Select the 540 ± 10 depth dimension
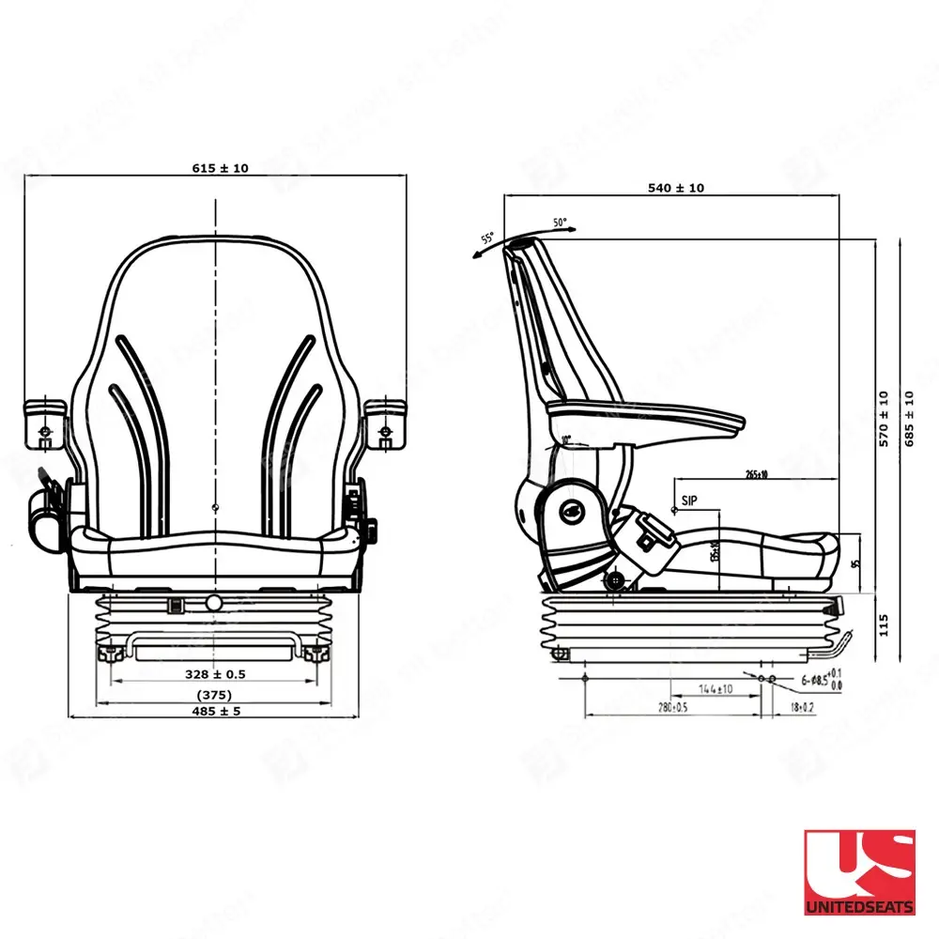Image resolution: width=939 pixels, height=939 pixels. click(x=675, y=188)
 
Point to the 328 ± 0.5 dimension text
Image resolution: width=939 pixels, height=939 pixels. click(x=215, y=674)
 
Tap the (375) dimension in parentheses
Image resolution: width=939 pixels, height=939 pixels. click(x=215, y=695)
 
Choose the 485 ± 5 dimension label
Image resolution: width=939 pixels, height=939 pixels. click(x=215, y=712)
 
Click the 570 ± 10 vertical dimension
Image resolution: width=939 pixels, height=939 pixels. click(x=882, y=419)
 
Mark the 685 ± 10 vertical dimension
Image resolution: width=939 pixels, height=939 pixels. click(x=908, y=419)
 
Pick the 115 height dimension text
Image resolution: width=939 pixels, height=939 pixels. click(x=882, y=624)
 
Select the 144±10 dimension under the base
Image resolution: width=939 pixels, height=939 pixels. click(x=716, y=689)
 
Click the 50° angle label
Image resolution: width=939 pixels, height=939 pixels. click(x=561, y=223)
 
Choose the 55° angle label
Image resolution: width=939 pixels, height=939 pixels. click(x=487, y=239)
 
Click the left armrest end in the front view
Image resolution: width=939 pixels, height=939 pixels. click(x=44, y=420)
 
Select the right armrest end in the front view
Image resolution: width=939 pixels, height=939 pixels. click(x=386, y=420)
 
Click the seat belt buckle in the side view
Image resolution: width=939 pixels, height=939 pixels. click(x=648, y=531)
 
